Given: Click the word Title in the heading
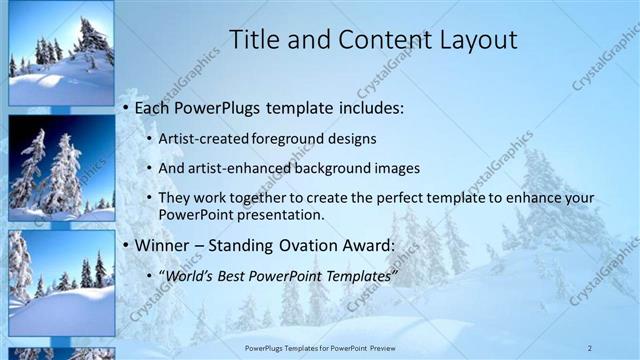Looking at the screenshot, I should pyautogui.click(x=254, y=40).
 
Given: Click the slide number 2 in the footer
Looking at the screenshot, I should pyautogui.click(x=590, y=347).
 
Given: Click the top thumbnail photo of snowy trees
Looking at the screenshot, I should pyautogui.click(x=61, y=53).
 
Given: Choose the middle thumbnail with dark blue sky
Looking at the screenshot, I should pyautogui.click(x=61, y=167).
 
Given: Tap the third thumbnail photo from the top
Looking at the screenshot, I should pyautogui.click(x=61, y=282).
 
